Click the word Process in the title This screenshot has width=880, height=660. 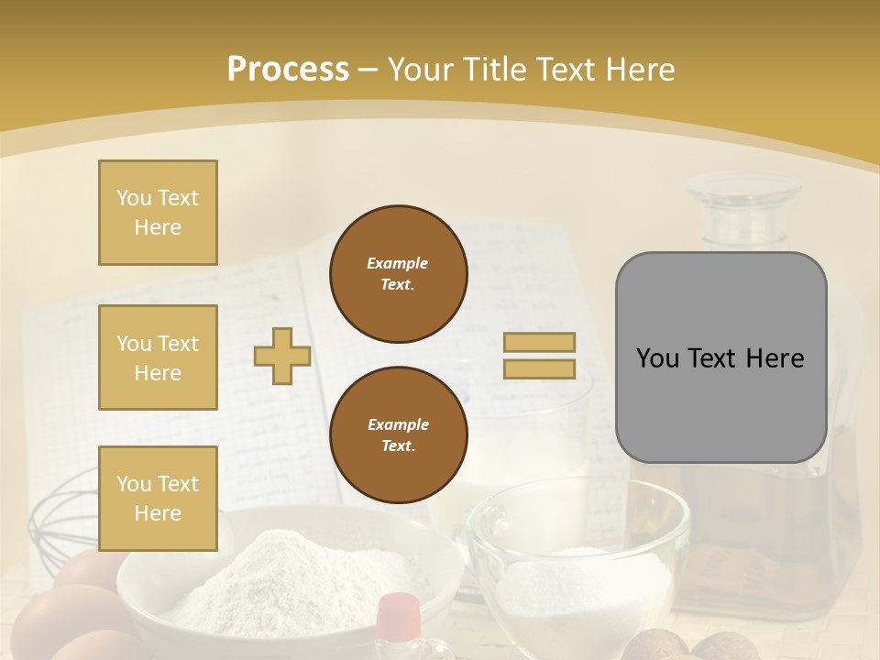click(x=288, y=70)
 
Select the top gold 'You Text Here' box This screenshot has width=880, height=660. click(x=158, y=213)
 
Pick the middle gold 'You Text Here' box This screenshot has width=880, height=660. click(x=158, y=357)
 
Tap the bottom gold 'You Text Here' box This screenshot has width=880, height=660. click(x=158, y=499)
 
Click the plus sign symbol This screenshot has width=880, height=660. click(x=282, y=356)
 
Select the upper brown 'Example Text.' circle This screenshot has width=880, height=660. click(x=398, y=274)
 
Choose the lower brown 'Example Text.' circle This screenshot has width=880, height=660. click(x=398, y=434)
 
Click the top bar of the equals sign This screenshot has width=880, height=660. click(x=539, y=343)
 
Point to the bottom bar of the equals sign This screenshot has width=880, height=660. click(x=539, y=368)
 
